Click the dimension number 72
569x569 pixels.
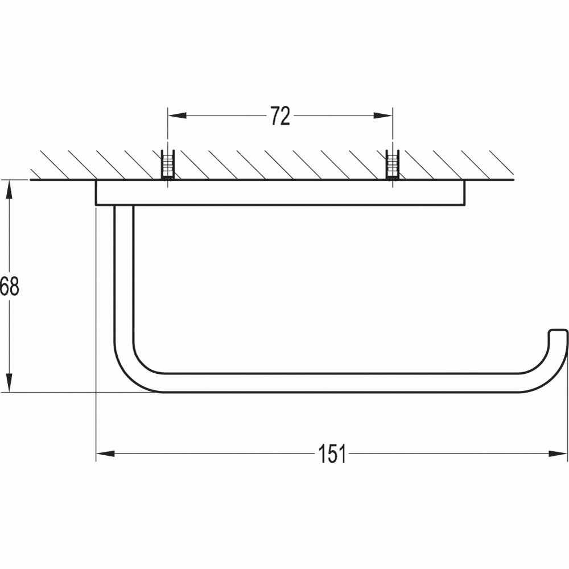tap(281, 116)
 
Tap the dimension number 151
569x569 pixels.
tap(332, 453)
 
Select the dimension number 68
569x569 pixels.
tap(10, 286)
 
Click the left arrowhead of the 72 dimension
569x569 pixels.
tap(177, 116)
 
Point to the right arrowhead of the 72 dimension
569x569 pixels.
tap(383, 116)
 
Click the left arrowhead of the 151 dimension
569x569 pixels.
tap(105, 453)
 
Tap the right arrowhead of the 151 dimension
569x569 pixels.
tap(558, 453)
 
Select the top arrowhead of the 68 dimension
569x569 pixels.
tap(10, 189)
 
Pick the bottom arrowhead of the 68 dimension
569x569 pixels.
tap(10, 383)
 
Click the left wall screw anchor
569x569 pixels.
tap(168, 165)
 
